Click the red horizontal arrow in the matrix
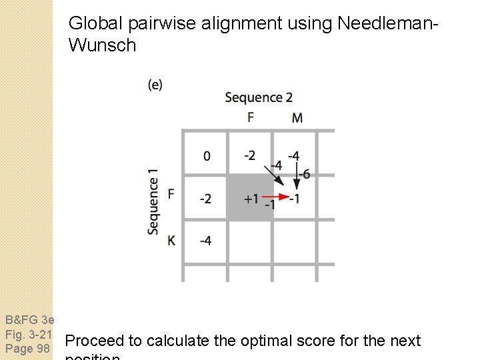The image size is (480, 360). pyautogui.click(x=274, y=197)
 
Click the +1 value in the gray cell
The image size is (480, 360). pyautogui.click(x=251, y=199)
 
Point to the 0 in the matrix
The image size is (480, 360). pyautogui.click(x=207, y=156)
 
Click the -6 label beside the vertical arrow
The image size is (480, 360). pyautogui.click(x=303, y=174)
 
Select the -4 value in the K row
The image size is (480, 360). pyautogui.click(x=205, y=240)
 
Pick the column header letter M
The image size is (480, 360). pyautogui.click(x=297, y=117)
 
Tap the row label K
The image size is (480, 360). pyautogui.click(x=171, y=240)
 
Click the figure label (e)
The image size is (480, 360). pyautogui.click(x=155, y=84)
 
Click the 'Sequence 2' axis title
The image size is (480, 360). pyautogui.click(x=259, y=97)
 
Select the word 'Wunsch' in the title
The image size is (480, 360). pyautogui.click(x=102, y=45)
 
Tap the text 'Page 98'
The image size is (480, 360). pyautogui.click(x=28, y=349)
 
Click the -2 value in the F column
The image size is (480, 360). pyautogui.click(x=249, y=155)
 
